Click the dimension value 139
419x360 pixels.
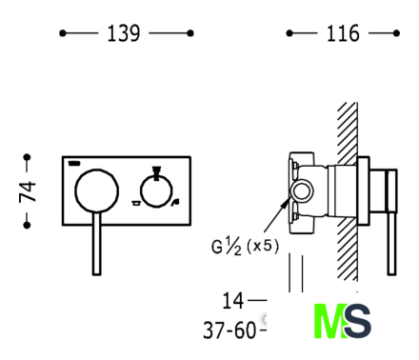124,33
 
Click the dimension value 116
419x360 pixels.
343,33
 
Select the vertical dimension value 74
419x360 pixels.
28,191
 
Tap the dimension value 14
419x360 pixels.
233,301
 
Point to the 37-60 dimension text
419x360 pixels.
229,330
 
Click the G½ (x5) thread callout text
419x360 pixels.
245,247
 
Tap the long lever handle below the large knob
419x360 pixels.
97,243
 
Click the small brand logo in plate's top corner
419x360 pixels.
74,164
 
